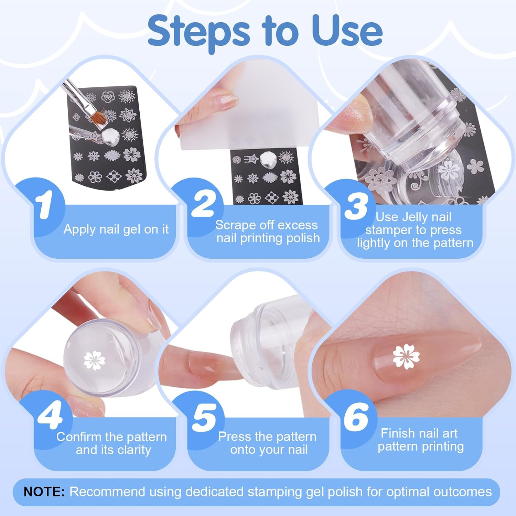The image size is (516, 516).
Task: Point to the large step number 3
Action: (x=356, y=205)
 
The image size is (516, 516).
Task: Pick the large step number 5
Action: (x=205, y=417)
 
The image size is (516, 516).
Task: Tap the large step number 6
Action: (x=356, y=417)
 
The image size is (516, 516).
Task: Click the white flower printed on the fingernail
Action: (x=406, y=356)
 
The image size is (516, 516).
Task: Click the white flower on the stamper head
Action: (x=94, y=361)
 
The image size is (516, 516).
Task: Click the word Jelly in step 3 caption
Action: (x=415, y=217)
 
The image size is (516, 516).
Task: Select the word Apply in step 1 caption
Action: (x=79, y=229)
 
